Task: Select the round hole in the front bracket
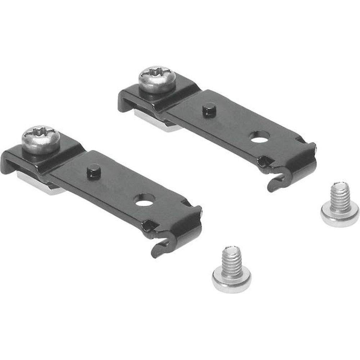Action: [144, 201]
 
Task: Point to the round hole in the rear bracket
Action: [258, 139]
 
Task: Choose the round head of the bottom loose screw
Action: [231, 279]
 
